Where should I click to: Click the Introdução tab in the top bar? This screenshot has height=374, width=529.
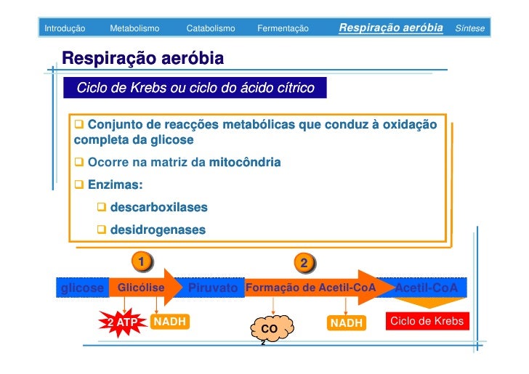point(65,28)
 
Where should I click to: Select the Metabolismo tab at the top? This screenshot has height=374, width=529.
point(134,28)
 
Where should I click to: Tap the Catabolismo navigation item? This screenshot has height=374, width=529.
point(211,28)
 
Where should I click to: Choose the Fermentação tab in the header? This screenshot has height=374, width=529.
point(283,28)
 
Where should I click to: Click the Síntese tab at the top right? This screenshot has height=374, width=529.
point(469,28)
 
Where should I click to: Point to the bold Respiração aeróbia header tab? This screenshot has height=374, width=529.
point(390,28)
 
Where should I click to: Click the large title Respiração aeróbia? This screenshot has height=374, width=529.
point(142,58)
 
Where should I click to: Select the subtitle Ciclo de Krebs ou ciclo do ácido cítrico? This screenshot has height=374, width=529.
point(195,89)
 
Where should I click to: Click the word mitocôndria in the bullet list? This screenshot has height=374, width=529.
point(244,162)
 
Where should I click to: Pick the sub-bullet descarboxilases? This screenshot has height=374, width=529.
point(158,208)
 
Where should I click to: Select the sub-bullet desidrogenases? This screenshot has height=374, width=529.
point(158,230)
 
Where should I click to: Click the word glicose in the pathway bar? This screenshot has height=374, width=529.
point(83,288)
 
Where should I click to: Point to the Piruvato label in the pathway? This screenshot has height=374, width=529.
point(213,288)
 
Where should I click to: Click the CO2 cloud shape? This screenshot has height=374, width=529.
point(270,329)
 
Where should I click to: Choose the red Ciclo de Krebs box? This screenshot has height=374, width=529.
point(427,321)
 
